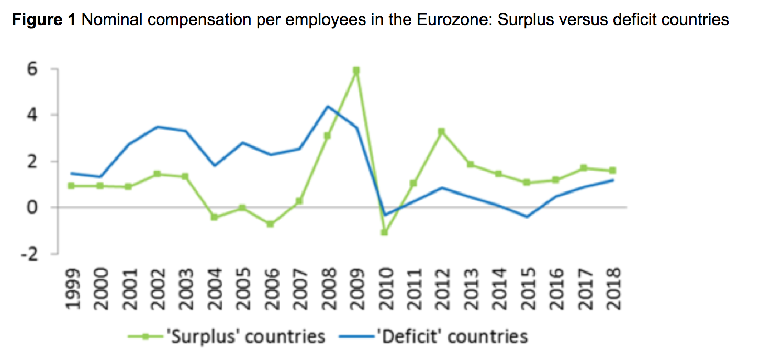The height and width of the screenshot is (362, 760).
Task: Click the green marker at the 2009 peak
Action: [x=356, y=71]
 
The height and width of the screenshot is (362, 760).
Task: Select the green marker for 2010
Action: [x=385, y=232]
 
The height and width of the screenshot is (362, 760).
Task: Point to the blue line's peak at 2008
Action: [x=328, y=107]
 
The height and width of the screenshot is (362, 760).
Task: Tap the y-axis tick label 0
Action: [x=40, y=208]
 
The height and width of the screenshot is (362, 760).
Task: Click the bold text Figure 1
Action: [x=44, y=20]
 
